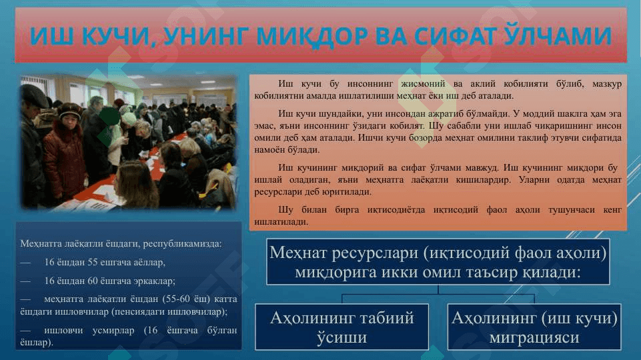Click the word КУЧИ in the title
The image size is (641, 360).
coord(118,36)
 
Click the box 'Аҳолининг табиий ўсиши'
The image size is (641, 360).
coord(342,327)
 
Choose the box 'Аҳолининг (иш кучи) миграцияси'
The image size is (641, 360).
coord(534,327)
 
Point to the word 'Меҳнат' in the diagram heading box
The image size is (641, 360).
coord(297,253)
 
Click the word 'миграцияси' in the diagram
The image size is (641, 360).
coord(534,337)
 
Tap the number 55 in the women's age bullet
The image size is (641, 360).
coord(98,263)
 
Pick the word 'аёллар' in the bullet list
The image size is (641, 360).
coord(149,263)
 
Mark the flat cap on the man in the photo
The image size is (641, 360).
coord(34,95)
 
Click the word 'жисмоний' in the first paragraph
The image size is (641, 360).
coord(423,84)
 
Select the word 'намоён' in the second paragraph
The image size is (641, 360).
coord(266,150)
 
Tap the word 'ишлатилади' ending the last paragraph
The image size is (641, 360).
coord(281,222)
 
